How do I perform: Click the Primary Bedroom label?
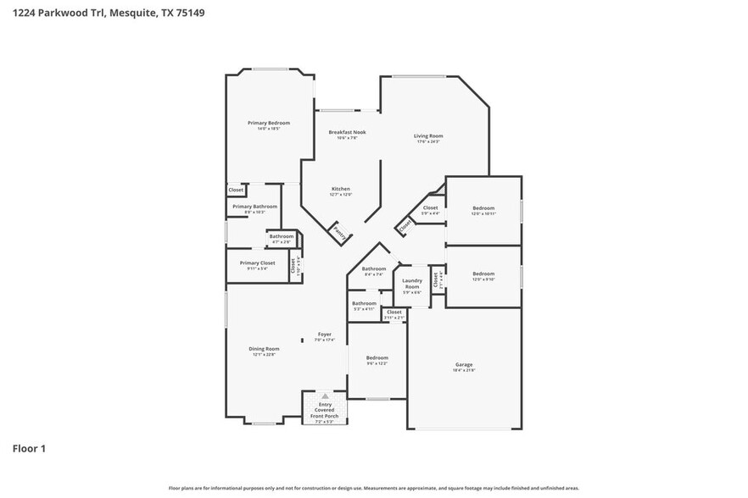[x=264, y=124]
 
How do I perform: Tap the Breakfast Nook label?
[x=347, y=133]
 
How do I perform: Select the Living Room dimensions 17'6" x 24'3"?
[x=428, y=141]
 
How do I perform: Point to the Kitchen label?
[x=340, y=189]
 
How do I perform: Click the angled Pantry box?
[x=339, y=230]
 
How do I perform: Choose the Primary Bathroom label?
[x=254, y=207]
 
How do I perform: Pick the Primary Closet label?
[x=258, y=263]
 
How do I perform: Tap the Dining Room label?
[x=264, y=349]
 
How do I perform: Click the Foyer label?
[x=325, y=335]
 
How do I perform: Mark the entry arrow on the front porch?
[x=325, y=396]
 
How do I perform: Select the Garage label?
[x=464, y=365]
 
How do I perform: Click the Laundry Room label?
[x=412, y=283]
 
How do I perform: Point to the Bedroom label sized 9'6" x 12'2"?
[x=377, y=357]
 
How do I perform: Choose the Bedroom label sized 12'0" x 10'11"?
[x=483, y=208]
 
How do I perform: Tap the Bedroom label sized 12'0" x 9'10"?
[x=483, y=274]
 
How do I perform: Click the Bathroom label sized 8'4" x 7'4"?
[x=374, y=268]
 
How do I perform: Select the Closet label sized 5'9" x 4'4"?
[x=430, y=207]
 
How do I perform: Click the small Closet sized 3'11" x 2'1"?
[x=394, y=312]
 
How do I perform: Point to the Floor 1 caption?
[x=30, y=448]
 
